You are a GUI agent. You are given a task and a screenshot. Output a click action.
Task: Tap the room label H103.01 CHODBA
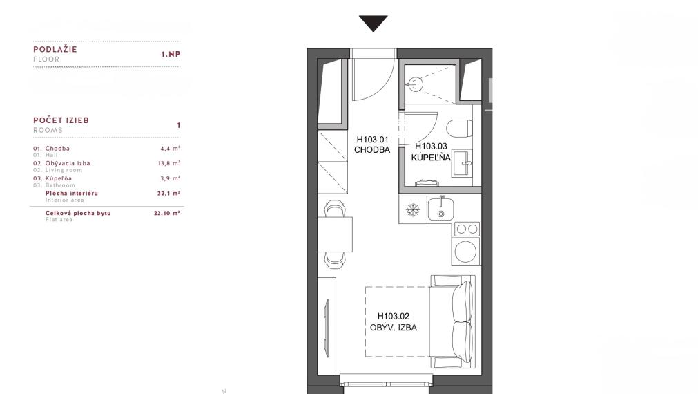click(x=372, y=145)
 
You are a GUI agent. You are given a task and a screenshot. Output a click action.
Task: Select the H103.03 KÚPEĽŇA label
click(x=431, y=151)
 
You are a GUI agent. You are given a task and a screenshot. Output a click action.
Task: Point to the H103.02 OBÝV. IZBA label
click(x=394, y=322)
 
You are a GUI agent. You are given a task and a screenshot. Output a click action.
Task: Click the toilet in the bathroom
click(x=458, y=129)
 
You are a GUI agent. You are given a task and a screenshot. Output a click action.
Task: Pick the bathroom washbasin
click(x=462, y=163)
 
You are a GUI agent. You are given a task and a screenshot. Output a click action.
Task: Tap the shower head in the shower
click(x=416, y=84)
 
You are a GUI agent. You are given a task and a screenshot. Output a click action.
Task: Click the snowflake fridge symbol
click(x=413, y=209)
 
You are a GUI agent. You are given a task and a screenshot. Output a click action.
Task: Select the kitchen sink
click(x=440, y=209)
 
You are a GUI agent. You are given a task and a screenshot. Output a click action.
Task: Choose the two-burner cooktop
click(x=467, y=229)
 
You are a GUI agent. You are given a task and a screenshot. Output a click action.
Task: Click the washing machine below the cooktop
click(x=466, y=252)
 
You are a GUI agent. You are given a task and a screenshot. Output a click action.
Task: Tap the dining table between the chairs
click(x=335, y=234)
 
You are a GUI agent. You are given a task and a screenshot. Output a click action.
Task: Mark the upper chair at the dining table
click(x=335, y=209)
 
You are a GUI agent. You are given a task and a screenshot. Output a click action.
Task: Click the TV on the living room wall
click(x=327, y=328)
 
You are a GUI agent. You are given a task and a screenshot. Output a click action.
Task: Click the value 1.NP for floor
click(x=171, y=54)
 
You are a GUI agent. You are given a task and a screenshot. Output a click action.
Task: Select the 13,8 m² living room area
click(x=168, y=163)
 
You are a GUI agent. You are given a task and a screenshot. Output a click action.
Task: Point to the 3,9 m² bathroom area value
click(x=170, y=178)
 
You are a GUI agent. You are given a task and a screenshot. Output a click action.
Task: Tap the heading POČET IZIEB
click(x=61, y=120)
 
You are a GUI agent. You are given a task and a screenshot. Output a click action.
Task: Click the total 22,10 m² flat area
click(x=167, y=213)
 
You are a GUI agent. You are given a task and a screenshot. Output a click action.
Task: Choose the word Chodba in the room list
click(x=57, y=149)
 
